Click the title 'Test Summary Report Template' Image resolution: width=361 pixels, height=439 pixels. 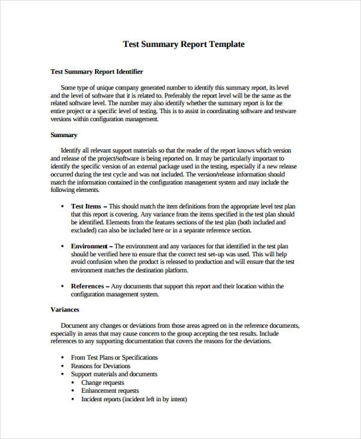(184, 44)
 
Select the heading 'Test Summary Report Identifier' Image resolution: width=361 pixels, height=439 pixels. (97, 72)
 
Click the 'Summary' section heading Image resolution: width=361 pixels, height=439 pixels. (64, 135)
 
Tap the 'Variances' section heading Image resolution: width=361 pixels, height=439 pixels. (65, 309)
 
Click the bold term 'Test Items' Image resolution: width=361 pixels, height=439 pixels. (86, 206)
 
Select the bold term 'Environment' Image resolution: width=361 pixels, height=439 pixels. (89, 246)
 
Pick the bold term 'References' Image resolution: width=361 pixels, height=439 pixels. (87, 286)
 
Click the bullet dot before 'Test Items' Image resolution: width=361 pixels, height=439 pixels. (63, 206)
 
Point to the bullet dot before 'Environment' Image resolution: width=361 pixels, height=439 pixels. (63, 247)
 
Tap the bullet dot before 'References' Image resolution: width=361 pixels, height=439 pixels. (63, 287)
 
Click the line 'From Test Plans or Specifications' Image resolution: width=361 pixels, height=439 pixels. (114, 357)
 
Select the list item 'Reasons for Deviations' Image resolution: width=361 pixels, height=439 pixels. (100, 366)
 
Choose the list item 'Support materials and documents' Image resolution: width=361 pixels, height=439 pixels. (114, 374)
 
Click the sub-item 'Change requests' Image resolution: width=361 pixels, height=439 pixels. (103, 382)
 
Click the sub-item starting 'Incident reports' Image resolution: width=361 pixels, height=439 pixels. (134, 399)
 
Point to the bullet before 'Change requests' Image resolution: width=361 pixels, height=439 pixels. (73, 383)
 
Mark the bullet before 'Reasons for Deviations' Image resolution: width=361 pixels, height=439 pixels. (63, 366)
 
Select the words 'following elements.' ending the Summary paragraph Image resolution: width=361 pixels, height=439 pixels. (75, 190)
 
